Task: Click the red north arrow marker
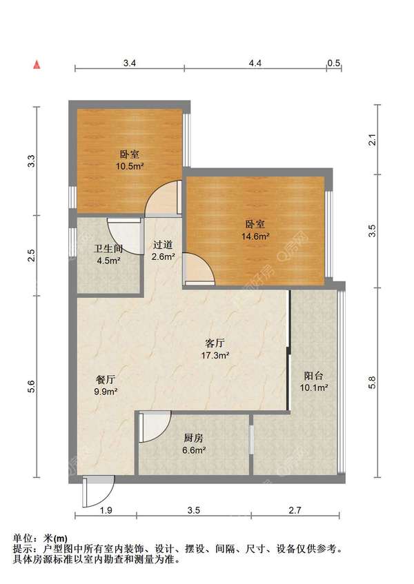click(x=37, y=65)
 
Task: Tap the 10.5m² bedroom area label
click(x=130, y=166)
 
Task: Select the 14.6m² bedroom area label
click(x=255, y=236)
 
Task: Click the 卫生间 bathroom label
click(x=108, y=249)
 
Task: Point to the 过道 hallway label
click(x=163, y=245)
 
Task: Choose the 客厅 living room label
click(x=215, y=343)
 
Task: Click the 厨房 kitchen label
click(x=194, y=438)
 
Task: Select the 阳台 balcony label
click(x=314, y=375)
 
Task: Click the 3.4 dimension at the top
click(x=130, y=63)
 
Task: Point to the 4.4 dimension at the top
click(x=255, y=63)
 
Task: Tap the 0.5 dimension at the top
click(x=334, y=63)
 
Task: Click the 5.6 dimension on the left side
click(x=31, y=387)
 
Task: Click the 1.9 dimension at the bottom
click(x=106, y=510)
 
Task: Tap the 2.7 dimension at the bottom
click(x=295, y=510)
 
